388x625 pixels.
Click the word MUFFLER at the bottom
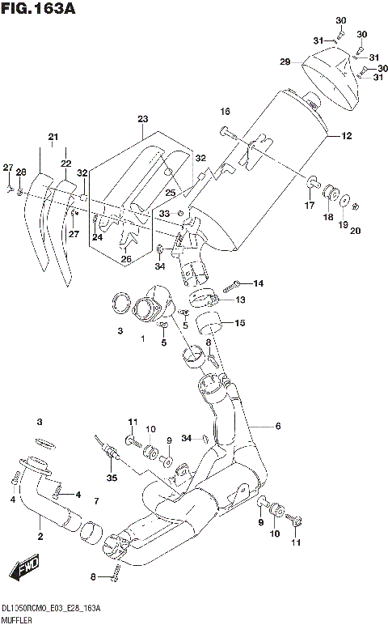19,618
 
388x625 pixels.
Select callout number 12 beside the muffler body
346,136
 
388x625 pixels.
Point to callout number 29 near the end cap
285,62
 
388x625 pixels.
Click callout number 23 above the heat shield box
143,119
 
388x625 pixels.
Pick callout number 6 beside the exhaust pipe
277,427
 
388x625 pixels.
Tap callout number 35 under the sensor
112,478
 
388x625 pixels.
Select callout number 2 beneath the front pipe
40,536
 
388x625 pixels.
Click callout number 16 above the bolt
225,111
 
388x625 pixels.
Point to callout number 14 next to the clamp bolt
259,283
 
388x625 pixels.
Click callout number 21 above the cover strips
53,136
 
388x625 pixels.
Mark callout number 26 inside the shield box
125,259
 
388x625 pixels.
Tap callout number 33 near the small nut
164,213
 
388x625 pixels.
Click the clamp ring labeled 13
203,297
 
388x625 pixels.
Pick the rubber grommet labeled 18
330,193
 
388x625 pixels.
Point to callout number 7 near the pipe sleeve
95,502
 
